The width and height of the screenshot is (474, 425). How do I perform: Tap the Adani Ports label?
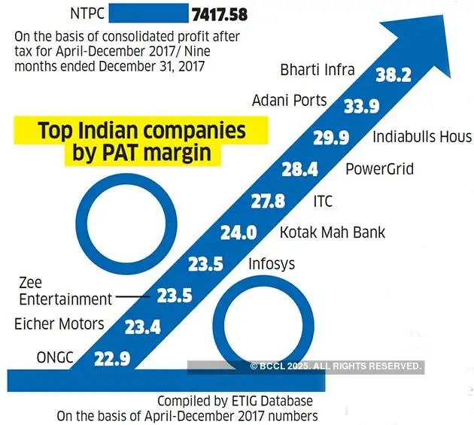click(289, 100)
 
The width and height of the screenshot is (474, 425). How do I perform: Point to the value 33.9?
click(361, 107)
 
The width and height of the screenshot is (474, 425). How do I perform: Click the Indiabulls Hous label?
click(422, 137)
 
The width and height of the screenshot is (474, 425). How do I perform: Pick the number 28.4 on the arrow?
click(300, 171)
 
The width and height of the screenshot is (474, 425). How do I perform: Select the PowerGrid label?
click(379, 168)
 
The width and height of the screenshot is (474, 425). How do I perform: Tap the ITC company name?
click(322, 202)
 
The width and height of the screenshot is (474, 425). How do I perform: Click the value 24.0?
click(239, 233)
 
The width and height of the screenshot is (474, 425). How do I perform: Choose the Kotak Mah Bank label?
click(332, 232)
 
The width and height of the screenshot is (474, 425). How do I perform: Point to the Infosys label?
click(272, 264)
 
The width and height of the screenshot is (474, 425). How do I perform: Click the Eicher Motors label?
click(59, 325)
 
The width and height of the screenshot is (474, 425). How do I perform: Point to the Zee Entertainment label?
click(64, 291)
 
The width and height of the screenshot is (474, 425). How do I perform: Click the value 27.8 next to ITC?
click(269, 202)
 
